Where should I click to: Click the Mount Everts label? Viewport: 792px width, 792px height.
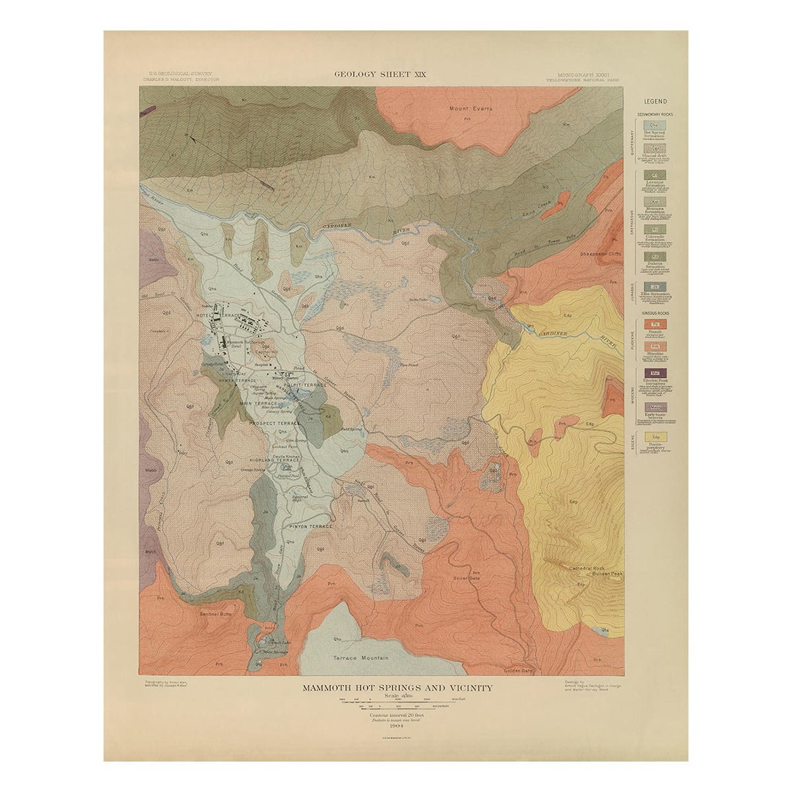471,109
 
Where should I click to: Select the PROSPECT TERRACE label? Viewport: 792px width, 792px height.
275,422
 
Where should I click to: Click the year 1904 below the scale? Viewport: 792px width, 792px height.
396,725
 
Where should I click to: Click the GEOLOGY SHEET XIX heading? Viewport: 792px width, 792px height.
379,75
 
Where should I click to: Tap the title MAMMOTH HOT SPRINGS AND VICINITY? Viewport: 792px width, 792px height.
397,688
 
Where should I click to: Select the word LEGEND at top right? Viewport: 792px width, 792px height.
655,102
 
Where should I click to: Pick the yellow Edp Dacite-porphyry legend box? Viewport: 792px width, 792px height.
655,437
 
